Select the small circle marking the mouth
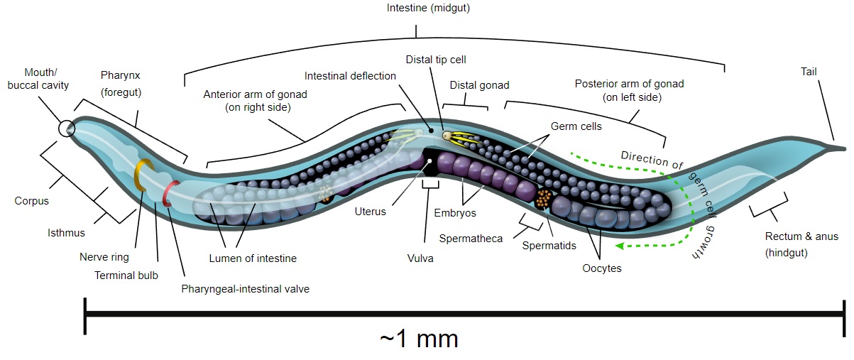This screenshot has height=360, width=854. [x=66, y=128]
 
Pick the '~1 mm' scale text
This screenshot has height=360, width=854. [x=419, y=338]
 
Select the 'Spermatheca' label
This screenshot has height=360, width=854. [x=471, y=239]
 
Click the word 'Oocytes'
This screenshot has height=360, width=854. [x=601, y=268]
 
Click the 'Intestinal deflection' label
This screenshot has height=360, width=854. [x=350, y=76]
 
